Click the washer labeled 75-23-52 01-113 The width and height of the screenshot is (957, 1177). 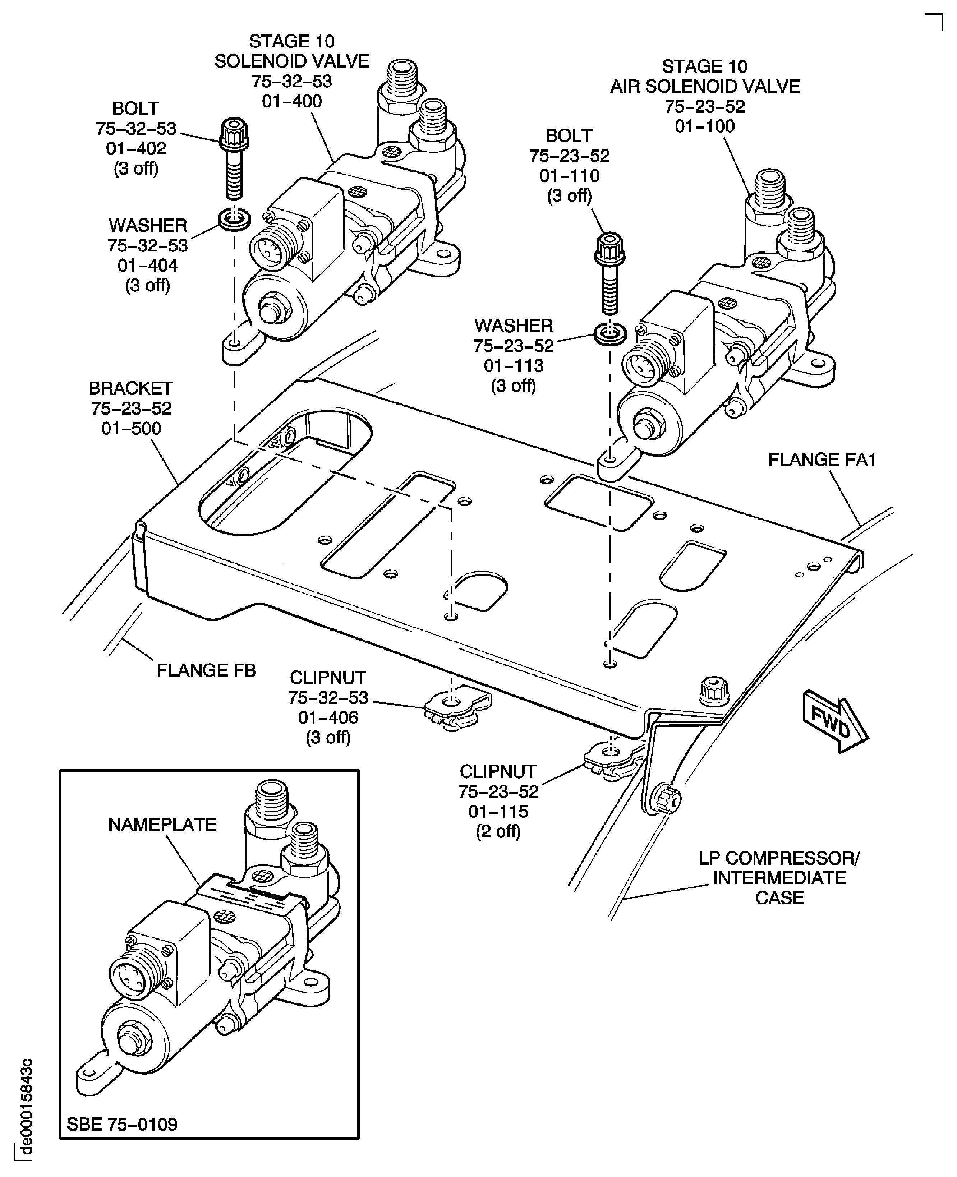click(x=610, y=334)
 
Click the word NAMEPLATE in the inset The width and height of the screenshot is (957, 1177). click(x=162, y=824)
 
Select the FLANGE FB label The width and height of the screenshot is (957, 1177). click(x=206, y=671)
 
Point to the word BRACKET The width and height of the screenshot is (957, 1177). click(x=131, y=388)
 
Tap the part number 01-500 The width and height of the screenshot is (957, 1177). click(x=131, y=428)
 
